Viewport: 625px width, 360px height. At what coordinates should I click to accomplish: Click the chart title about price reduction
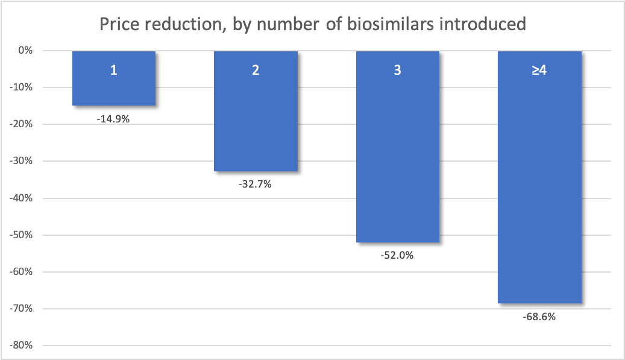pos(312,24)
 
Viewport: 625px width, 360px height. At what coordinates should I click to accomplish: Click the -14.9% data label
pos(113,119)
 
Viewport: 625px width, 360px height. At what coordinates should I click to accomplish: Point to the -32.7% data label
pos(255,185)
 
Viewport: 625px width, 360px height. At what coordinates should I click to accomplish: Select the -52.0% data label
pos(397,255)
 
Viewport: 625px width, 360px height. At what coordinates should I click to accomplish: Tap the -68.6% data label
pos(539,316)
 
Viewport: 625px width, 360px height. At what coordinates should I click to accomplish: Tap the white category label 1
pos(114,70)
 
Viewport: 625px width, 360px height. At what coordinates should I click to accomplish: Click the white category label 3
pos(397,70)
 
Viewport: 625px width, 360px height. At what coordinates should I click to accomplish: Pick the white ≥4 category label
pos(539,70)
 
